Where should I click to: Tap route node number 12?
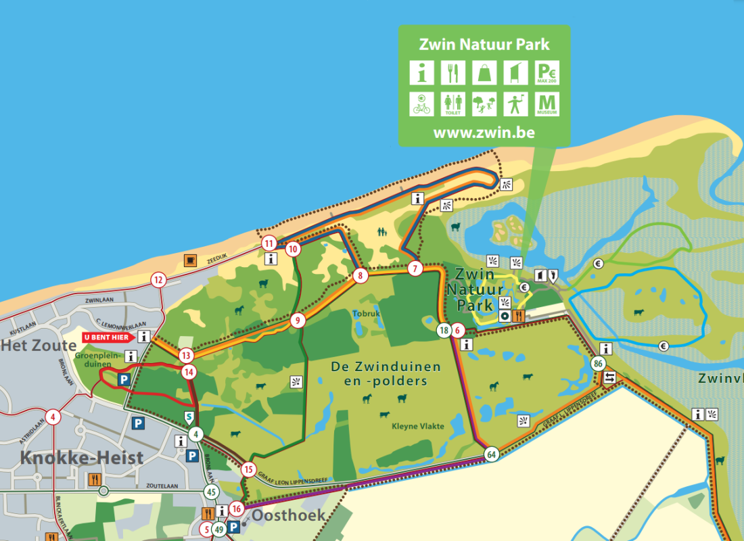(158, 280)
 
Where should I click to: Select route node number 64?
(492, 454)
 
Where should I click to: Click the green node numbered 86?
(597, 364)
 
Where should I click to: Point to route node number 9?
(296, 321)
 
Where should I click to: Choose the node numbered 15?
(248, 469)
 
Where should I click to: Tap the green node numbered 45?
(212, 492)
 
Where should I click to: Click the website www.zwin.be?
(484, 133)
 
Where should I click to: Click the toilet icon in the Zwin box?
(452, 103)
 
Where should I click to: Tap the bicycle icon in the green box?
(422, 103)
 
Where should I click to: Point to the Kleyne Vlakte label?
(418, 426)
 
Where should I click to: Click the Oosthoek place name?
(288, 515)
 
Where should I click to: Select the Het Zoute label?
(39, 346)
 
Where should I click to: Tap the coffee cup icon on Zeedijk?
(191, 260)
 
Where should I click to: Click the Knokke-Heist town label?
(82, 458)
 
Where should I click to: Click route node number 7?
(415, 268)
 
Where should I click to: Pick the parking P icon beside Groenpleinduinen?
(124, 381)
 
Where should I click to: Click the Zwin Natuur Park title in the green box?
(484, 45)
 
